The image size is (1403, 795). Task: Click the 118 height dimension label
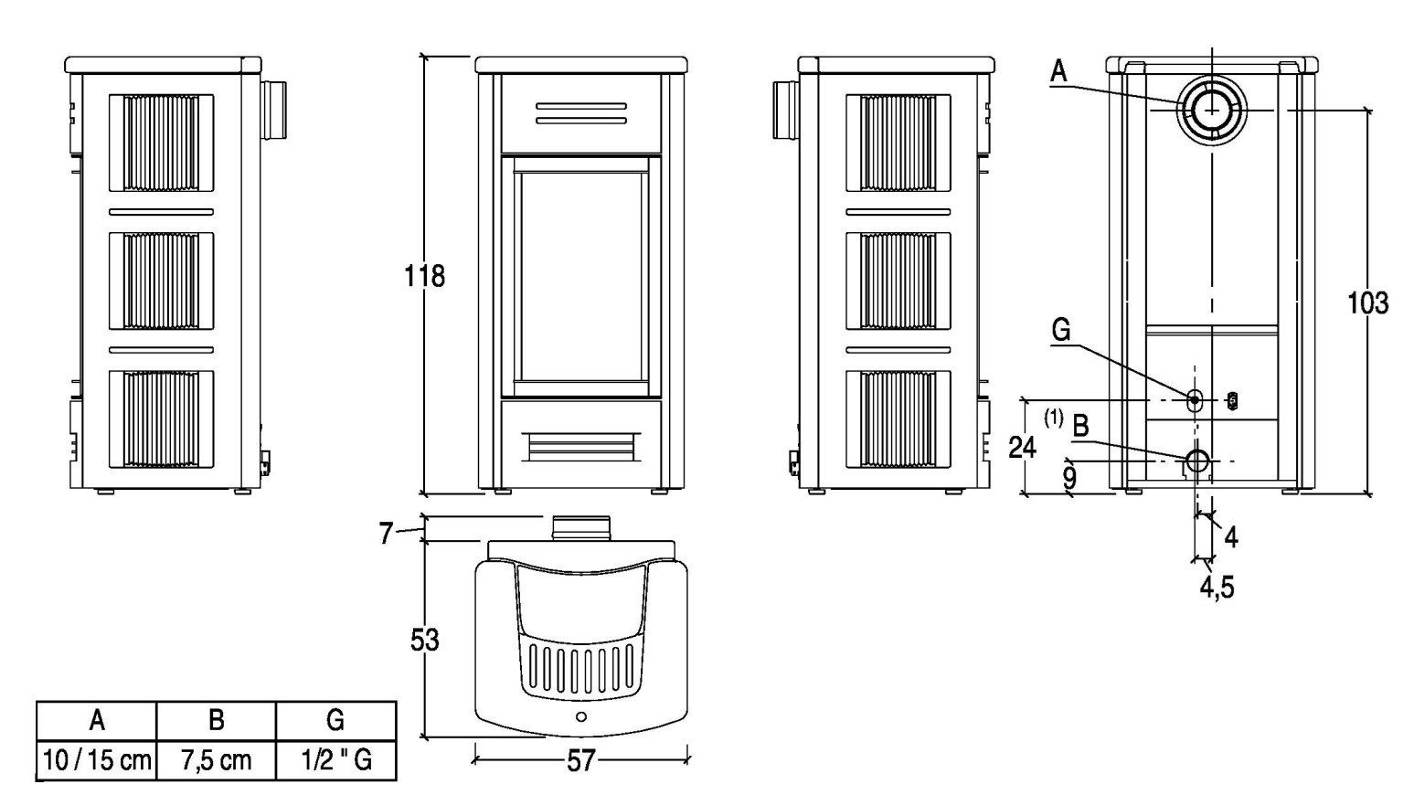coord(424,275)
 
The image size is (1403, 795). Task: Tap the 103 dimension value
coord(1367,302)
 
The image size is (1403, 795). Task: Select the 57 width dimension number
coord(580,761)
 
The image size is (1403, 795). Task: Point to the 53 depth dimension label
coord(424,640)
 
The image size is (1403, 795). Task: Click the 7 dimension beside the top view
coord(386,533)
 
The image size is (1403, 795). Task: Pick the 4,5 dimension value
coord(1217,587)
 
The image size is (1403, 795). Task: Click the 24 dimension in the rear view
coord(1022,447)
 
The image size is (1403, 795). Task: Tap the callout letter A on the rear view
coord(1058,71)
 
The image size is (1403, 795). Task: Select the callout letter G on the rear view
coord(1060,330)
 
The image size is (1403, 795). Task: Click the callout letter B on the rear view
coord(1080,426)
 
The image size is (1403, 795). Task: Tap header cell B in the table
coord(216,720)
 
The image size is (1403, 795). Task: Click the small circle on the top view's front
coord(581,716)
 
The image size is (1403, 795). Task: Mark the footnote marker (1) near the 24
coord(1054,419)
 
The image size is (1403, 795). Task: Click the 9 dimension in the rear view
coord(1069,476)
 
